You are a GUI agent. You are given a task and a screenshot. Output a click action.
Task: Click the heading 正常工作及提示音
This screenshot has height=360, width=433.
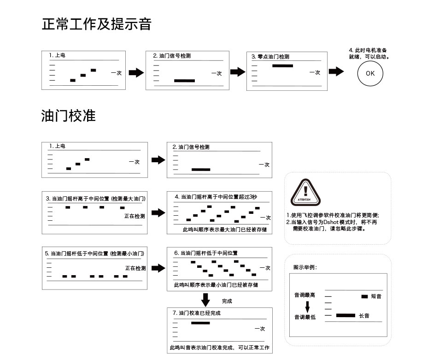[96, 24]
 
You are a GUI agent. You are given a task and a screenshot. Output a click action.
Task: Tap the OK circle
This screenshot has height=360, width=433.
[370, 73]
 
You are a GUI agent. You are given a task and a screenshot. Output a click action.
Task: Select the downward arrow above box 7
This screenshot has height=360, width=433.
[205, 300]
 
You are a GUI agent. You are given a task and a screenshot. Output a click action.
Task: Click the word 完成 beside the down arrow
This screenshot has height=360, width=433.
[227, 301]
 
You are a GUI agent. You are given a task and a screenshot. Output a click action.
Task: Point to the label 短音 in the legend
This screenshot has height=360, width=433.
[376, 296]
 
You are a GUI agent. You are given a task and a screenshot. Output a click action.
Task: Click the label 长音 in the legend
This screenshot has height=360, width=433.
[363, 316]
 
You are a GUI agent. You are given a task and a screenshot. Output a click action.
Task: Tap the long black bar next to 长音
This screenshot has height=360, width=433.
[345, 316]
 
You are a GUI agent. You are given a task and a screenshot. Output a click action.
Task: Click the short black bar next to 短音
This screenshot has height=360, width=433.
[364, 296]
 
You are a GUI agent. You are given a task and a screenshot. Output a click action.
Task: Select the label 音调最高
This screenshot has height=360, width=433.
[304, 295]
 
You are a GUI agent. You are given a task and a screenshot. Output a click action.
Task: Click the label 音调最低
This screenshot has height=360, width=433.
[304, 317]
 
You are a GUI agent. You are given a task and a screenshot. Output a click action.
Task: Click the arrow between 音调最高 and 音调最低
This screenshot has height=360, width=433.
[307, 306]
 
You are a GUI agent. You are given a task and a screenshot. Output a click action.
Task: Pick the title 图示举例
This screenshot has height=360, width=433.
[305, 267]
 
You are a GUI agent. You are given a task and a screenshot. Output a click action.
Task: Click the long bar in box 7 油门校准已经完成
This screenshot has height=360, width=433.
[200, 323]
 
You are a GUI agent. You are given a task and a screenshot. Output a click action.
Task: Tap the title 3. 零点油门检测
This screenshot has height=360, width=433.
[270, 56]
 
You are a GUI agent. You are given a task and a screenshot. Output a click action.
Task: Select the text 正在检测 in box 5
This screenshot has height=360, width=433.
[135, 268]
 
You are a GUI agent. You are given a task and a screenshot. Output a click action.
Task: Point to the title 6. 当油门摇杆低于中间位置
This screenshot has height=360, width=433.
[206, 253]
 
